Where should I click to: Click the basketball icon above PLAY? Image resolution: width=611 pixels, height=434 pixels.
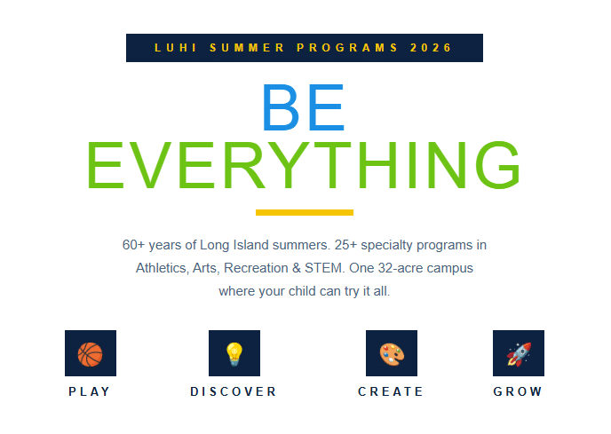pyautogui.click(x=90, y=354)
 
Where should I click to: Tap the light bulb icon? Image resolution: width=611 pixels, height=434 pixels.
pyautogui.click(x=234, y=354)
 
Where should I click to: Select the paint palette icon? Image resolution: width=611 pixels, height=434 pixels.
pyautogui.click(x=392, y=354)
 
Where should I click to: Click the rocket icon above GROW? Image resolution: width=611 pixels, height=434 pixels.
pyautogui.click(x=519, y=354)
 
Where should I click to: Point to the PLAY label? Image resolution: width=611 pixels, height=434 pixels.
pyautogui.click(x=89, y=391)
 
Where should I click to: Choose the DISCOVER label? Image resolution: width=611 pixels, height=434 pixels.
pyautogui.click(x=234, y=391)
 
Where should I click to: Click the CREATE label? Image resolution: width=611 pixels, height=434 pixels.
pyautogui.click(x=391, y=391)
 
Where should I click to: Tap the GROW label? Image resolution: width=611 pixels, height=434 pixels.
pyautogui.click(x=518, y=391)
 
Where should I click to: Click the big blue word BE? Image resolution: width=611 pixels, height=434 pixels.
pyautogui.click(x=304, y=107)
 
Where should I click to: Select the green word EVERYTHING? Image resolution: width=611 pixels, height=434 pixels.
pyautogui.click(x=304, y=165)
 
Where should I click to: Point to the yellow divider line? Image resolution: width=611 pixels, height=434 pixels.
pyautogui.click(x=305, y=212)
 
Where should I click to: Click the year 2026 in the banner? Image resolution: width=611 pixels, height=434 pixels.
pyautogui.click(x=431, y=48)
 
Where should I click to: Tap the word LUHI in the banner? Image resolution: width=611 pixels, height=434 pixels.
pyautogui.click(x=175, y=48)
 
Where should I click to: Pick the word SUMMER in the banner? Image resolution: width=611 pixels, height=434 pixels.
pyautogui.click(x=247, y=48)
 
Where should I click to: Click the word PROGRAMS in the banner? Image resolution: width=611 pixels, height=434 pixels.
pyautogui.click(x=347, y=48)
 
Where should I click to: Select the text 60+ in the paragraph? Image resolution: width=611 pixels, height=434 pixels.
pyautogui.click(x=133, y=245)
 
